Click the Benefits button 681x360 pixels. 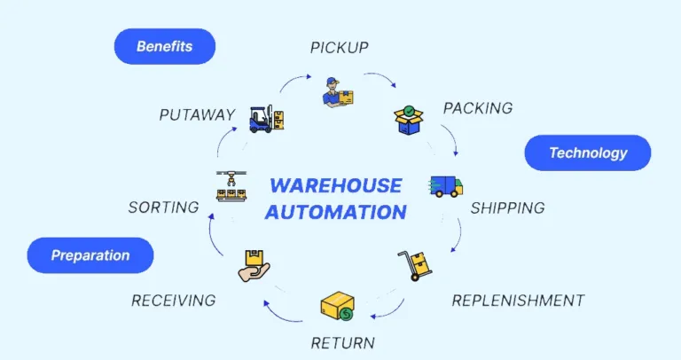pyautogui.click(x=165, y=46)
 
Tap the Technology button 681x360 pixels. pyautogui.click(x=588, y=153)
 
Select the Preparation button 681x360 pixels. pyautogui.click(x=90, y=255)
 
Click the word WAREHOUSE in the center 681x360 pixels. pyautogui.click(x=335, y=185)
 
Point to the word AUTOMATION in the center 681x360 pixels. pyautogui.click(x=335, y=212)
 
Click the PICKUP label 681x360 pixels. pyautogui.click(x=340, y=47)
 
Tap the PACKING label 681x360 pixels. pyautogui.click(x=478, y=108)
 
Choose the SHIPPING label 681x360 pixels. pyautogui.click(x=507, y=208)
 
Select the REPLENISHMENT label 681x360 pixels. pyautogui.click(x=518, y=300)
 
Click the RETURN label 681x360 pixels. pyautogui.click(x=342, y=342)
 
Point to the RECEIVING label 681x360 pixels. pyautogui.click(x=174, y=300)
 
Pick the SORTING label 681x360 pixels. pyautogui.click(x=163, y=207)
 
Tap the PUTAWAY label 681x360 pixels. pyautogui.click(x=197, y=115)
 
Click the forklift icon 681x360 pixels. pyautogui.click(x=266, y=118)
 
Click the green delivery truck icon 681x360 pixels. pyautogui.click(x=446, y=185)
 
